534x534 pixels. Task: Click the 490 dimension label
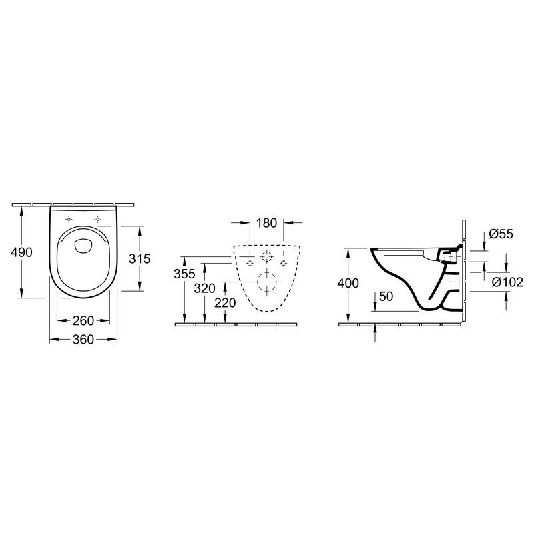pyautogui.click(x=21, y=252)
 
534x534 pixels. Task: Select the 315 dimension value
pyautogui.click(x=140, y=259)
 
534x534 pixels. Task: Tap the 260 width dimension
pyautogui.click(x=83, y=320)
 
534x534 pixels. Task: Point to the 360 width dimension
pyautogui.click(x=83, y=340)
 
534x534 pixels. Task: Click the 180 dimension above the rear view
pyautogui.click(x=266, y=223)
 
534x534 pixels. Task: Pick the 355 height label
pyautogui.click(x=184, y=274)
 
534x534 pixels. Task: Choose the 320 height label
pyautogui.click(x=204, y=289)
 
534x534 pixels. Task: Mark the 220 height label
pyautogui.click(x=225, y=303)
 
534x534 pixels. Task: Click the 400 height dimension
pyautogui.click(x=348, y=283)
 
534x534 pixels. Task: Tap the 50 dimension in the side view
pyautogui.click(x=386, y=296)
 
